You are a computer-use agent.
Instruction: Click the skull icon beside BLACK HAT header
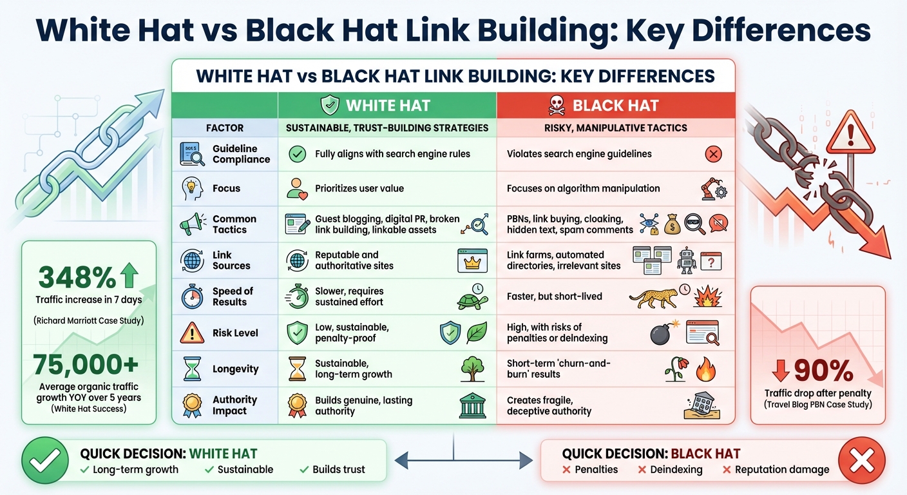click(x=557, y=105)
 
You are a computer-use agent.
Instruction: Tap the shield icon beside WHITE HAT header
click(x=330, y=105)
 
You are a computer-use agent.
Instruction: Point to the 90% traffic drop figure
click(x=819, y=371)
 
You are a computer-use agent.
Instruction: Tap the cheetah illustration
click(x=652, y=296)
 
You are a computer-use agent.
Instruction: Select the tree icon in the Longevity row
click(x=472, y=369)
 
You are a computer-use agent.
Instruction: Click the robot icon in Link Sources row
click(x=687, y=260)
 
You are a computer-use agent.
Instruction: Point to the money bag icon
click(x=673, y=224)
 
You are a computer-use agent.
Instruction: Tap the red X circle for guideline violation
click(x=713, y=154)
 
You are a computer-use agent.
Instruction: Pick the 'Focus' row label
click(x=226, y=189)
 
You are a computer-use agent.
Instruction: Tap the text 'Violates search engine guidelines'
click(x=579, y=154)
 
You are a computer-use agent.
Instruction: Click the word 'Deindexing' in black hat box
click(x=676, y=470)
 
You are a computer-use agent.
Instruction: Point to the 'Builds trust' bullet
click(x=338, y=470)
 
